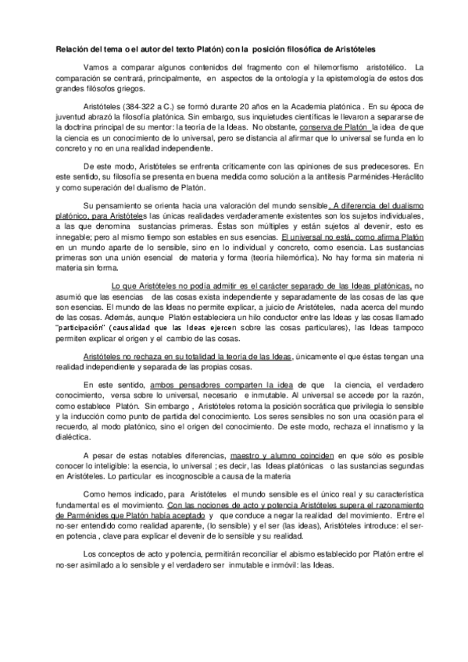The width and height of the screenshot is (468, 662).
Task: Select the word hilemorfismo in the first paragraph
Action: point(338,68)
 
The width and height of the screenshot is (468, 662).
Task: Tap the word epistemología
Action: point(349,78)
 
